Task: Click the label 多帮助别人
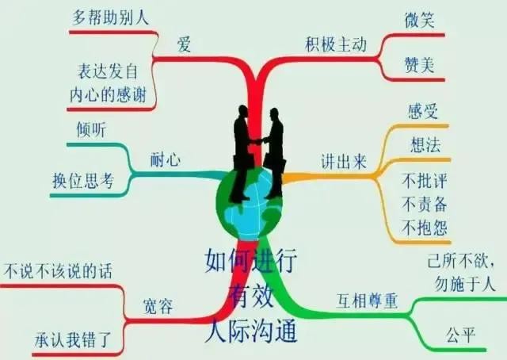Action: (x=110, y=17)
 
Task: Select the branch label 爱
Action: (x=184, y=44)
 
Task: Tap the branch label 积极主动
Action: (x=336, y=44)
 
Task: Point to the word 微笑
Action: (x=419, y=20)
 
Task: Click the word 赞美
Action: (x=419, y=65)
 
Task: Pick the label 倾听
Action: (x=91, y=129)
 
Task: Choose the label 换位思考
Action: (x=83, y=180)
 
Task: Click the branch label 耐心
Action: (x=166, y=159)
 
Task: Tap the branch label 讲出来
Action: (x=344, y=161)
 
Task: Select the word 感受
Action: (x=422, y=111)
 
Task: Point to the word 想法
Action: (x=425, y=144)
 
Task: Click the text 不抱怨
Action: (x=425, y=228)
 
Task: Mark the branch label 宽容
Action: (x=158, y=306)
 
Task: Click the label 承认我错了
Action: (x=73, y=339)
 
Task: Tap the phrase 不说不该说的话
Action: (x=58, y=270)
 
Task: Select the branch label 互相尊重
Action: (x=367, y=301)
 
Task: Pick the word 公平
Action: (x=460, y=335)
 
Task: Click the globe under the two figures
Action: (x=250, y=203)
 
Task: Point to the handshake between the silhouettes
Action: (x=258, y=141)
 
